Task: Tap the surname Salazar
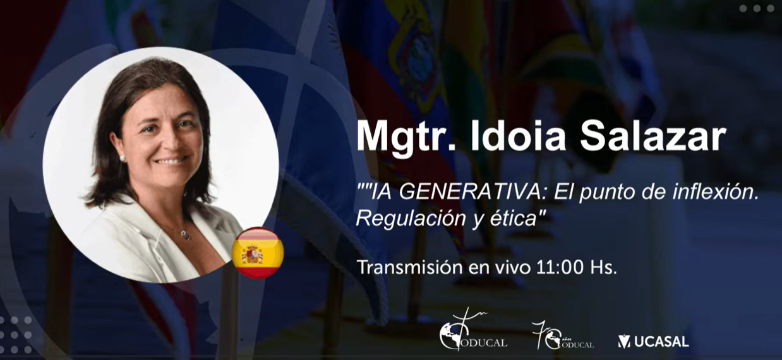pos(653,136)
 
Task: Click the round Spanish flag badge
pos(258,253)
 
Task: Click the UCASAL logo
pos(653,341)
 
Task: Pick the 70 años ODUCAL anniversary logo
pos(562,335)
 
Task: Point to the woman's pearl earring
pos(122,158)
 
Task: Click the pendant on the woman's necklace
pos(185,235)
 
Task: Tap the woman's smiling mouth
pos(171,161)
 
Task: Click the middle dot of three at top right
pos(757,8)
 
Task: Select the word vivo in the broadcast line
pos(515,267)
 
